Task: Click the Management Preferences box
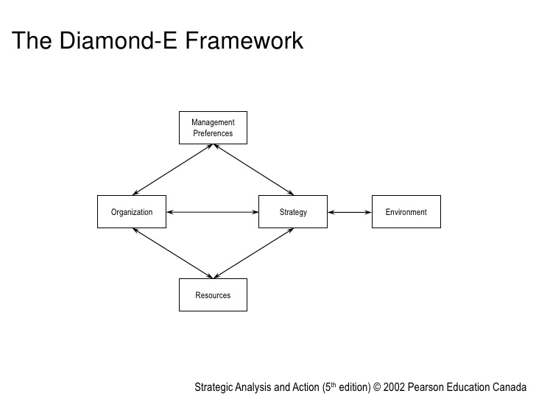(x=213, y=127)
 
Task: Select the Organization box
(x=132, y=212)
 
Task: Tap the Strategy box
(x=293, y=212)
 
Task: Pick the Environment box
(x=406, y=212)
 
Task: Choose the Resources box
(x=213, y=295)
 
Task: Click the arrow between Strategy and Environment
(x=350, y=212)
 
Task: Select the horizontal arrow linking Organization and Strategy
(x=213, y=212)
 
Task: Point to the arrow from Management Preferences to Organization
(x=173, y=169)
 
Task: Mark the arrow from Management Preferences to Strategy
(x=253, y=169)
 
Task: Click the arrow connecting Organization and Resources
(x=173, y=253)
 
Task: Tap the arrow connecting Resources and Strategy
(x=253, y=253)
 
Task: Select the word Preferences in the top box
(x=213, y=133)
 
